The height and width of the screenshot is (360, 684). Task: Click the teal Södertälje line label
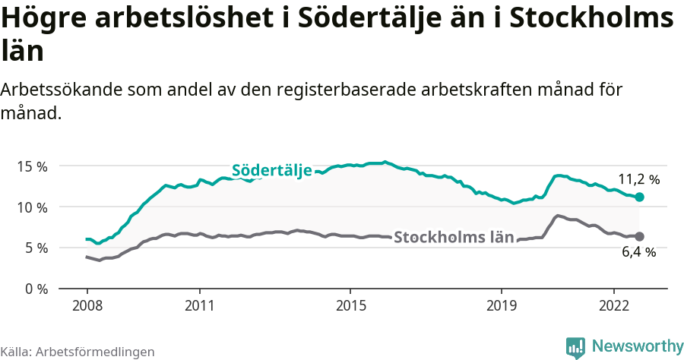271,170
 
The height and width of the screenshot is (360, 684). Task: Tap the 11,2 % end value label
638,180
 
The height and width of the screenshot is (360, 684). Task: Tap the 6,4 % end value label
638,252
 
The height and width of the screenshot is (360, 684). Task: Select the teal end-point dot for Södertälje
639,197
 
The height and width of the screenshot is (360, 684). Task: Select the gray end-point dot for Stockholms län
639,236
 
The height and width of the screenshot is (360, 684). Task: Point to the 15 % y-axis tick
32,166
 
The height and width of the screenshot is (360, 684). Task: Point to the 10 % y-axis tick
32,207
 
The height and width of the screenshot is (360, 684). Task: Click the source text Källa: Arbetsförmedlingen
78,352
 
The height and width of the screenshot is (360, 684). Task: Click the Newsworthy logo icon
575,347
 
